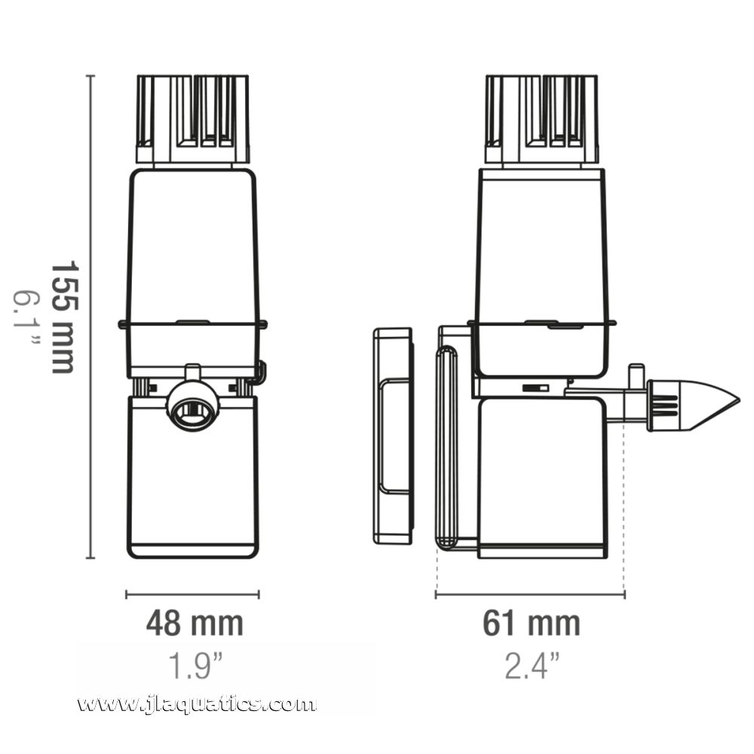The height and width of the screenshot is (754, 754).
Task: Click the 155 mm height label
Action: click(63, 317)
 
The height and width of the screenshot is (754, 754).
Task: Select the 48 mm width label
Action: click(195, 624)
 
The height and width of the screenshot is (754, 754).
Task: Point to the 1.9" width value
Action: click(195, 667)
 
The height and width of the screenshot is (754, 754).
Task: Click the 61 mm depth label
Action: click(532, 624)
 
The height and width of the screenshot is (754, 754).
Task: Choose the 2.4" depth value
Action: click(532, 667)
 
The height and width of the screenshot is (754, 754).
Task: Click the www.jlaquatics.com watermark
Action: click(197, 704)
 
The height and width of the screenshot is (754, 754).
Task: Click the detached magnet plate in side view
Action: click(394, 435)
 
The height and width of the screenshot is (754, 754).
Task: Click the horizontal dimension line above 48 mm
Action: click(192, 594)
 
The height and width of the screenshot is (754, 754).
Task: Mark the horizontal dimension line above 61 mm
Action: click(530, 594)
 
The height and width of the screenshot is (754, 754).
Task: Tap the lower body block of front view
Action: click(192, 483)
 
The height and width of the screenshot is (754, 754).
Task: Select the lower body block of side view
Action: click(541, 479)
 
